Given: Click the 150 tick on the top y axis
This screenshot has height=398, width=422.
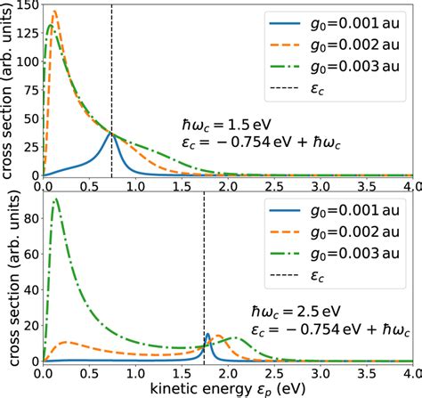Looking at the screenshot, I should [x=27, y=6].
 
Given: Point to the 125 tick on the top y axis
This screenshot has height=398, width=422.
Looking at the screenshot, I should [x=27, y=35].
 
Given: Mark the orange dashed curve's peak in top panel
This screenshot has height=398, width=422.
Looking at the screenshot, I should [x=54, y=12].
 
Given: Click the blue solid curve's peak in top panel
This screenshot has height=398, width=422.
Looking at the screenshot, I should [x=111, y=134].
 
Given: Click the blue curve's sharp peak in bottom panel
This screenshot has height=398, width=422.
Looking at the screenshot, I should [x=207, y=335].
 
